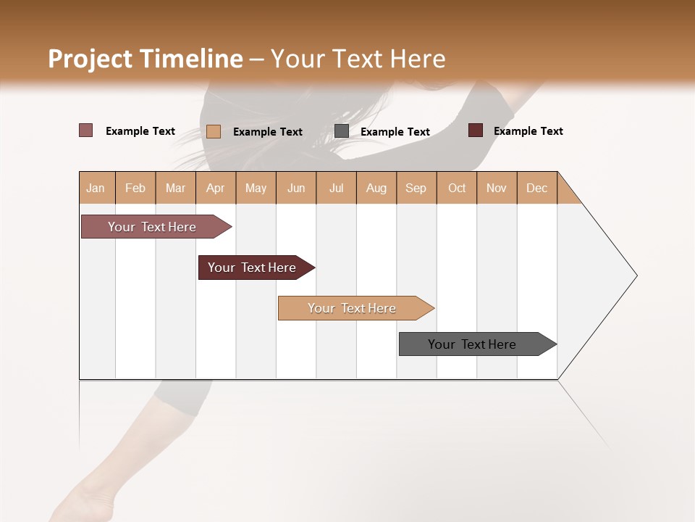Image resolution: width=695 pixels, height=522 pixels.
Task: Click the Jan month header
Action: pos(96,188)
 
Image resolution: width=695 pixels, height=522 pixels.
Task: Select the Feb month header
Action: pos(135,188)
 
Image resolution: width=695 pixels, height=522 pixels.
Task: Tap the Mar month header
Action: pos(175,188)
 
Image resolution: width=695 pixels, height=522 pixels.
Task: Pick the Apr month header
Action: pos(216,188)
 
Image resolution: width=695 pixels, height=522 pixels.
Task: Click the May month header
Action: pos(256,188)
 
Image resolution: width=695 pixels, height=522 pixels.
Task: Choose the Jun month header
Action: pos(296,188)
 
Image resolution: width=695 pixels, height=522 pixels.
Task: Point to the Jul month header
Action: pos(337,188)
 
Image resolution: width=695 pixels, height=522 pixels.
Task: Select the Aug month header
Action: pos(376,188)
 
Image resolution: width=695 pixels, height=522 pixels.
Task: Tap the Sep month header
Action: pos(416,188)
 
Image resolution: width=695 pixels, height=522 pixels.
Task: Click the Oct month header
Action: pos(457,188)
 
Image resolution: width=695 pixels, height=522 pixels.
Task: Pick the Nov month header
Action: pos(497,188)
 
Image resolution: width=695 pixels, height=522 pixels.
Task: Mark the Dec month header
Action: pos(537,188)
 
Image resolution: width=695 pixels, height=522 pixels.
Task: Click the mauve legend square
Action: pos(86,130)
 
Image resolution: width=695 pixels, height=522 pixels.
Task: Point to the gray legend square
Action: pos(342,131)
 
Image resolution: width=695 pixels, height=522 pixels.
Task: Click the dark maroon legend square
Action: pos(476,130)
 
